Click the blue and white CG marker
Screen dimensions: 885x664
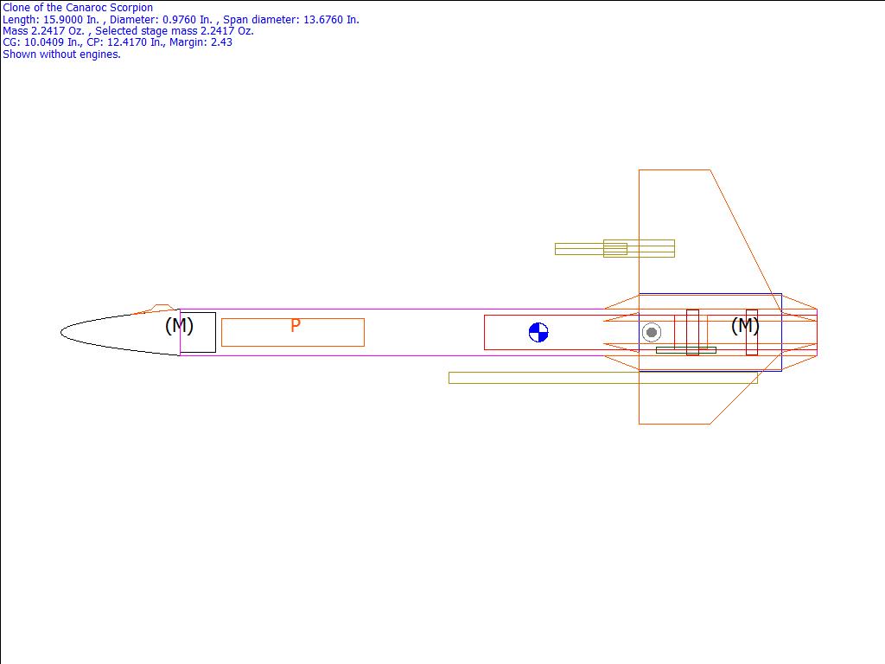tap(538, 333)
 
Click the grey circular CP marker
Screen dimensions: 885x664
tap(652, 333)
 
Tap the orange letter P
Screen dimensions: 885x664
tap(296, 325)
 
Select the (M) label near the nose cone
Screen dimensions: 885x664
tap(179, 325)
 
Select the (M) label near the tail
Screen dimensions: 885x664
tap(745, 325)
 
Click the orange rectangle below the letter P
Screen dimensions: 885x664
tap(293, 346)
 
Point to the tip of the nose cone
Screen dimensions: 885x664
tap(61, 333)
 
